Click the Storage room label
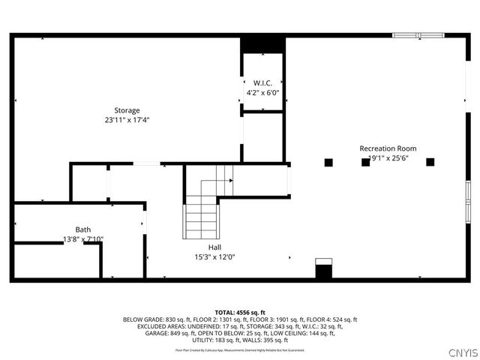127,110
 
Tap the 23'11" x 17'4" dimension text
127,120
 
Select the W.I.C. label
262,82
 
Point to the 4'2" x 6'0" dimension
262,92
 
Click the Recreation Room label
388,148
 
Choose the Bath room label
82,229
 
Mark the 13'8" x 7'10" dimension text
82,239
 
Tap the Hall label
214,247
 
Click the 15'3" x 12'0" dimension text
214,256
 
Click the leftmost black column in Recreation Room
328,162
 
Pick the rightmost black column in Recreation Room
430,162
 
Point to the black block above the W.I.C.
262,44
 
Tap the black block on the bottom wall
323,271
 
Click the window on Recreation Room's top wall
418,34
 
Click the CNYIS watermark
462,352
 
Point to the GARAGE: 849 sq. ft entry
170,334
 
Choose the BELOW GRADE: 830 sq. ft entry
152,319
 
